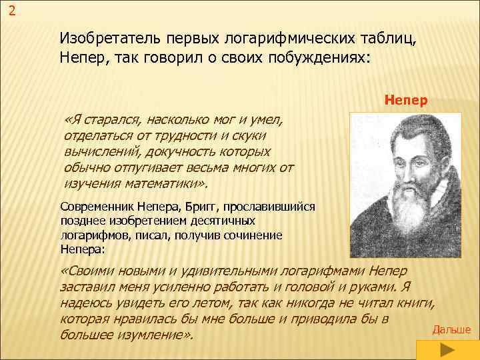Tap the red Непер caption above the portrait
pyautogui.click(x=406, y=101)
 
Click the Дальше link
pyautogui.click(x=451, y=330)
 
